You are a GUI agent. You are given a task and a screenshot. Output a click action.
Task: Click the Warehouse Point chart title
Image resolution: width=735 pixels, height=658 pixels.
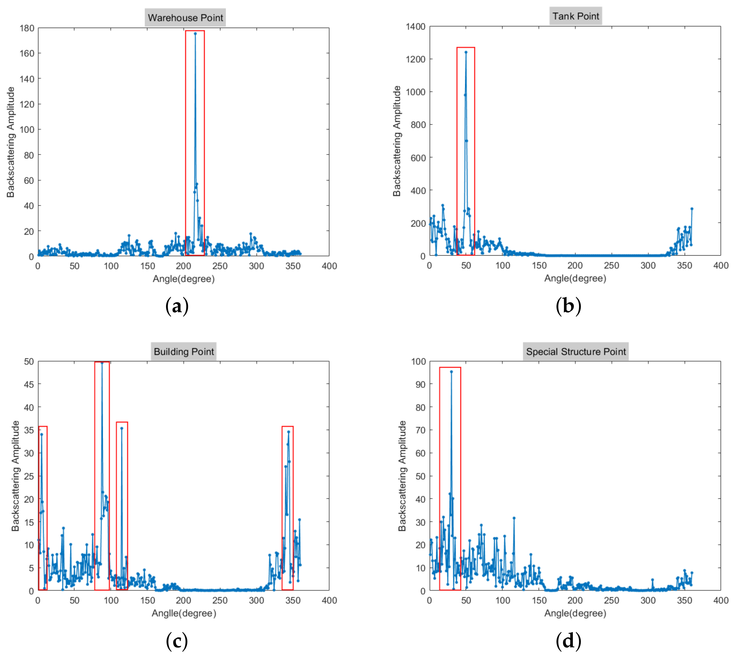185,18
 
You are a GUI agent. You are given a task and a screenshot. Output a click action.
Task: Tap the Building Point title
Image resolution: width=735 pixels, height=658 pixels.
184,351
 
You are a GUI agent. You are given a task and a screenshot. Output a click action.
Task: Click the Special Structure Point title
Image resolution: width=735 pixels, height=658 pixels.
576,351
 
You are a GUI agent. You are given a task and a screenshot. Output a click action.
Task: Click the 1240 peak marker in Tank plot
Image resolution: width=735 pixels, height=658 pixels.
466,52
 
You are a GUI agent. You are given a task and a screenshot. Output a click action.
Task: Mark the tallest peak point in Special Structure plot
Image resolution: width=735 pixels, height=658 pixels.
451,372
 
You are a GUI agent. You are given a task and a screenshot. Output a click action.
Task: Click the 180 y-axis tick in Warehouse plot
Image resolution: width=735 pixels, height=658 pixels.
27,28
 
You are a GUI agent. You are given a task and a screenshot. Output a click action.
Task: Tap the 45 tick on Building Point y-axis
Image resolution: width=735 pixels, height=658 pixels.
29,384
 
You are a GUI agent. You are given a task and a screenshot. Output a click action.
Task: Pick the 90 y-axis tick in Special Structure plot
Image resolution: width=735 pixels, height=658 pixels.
421,384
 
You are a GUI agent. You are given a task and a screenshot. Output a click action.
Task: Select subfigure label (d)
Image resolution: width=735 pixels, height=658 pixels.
568,641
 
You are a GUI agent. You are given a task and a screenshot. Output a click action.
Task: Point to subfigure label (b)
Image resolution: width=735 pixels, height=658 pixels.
568,306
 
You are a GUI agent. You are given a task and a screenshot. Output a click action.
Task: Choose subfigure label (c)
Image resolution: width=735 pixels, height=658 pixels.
177,641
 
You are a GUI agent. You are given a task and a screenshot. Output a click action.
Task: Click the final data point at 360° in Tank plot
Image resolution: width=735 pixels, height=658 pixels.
692,209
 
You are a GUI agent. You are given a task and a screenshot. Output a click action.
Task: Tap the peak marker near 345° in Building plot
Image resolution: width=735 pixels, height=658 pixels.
288,432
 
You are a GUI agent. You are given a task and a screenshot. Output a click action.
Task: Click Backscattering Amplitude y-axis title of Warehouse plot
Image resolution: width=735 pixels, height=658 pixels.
11,142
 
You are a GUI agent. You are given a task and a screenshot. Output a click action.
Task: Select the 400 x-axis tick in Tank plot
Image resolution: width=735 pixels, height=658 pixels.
720,266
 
